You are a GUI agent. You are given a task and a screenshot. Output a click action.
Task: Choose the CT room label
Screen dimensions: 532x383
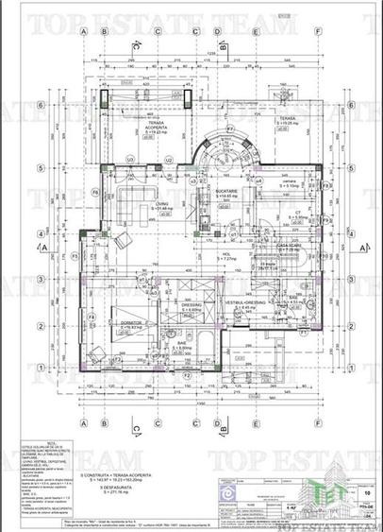(296, 213)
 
